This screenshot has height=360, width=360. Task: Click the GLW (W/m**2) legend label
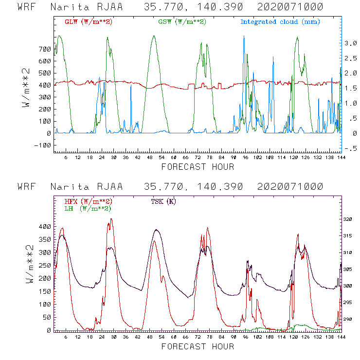point(89,22)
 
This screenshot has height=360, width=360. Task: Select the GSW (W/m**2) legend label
point(181,22)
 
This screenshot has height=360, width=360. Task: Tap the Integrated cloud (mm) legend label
point(280,22)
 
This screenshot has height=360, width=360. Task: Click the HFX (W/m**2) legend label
point(89,201)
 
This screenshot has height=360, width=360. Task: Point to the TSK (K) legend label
point(164,201)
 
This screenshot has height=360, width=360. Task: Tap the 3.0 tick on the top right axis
point(351,43)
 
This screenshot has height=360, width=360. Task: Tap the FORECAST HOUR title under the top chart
point(198,167)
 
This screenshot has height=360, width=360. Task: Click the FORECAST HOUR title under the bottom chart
point(198,347)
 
